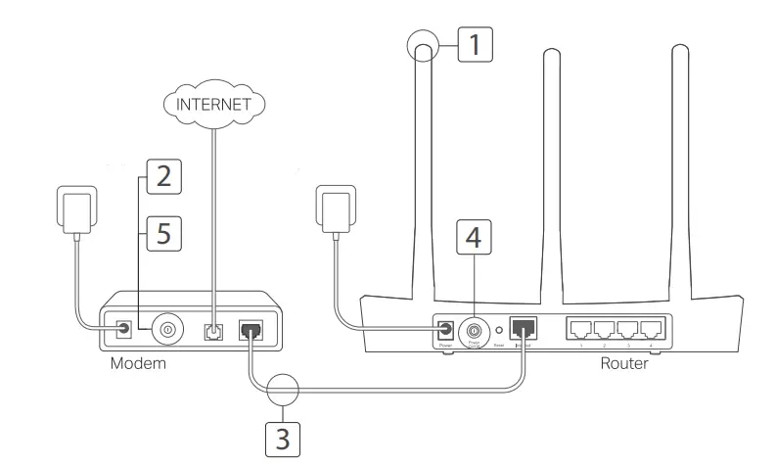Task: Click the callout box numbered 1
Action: pos(474,43)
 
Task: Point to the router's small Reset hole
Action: pos(498,331)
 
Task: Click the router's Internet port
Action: pos(524,331)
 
